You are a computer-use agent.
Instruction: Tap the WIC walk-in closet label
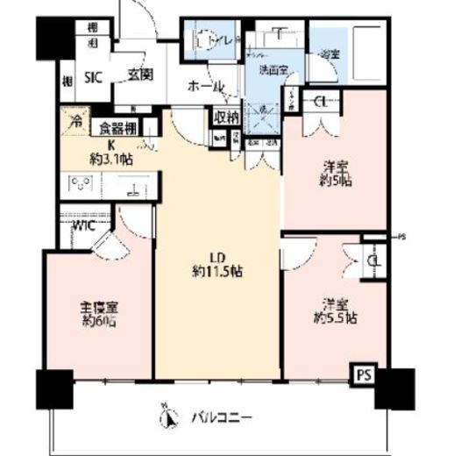[83, 225]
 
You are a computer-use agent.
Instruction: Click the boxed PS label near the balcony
[363, 374]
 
